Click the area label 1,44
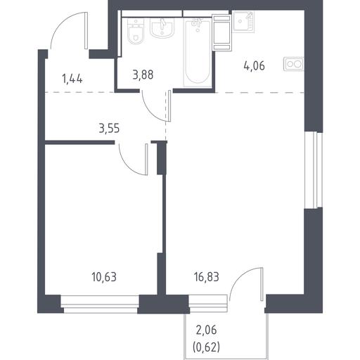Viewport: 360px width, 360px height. (72, 79)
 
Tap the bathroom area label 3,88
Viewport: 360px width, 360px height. (143, 75)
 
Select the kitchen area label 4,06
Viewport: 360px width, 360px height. (255, 65)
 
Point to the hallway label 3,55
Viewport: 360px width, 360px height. (109, 129)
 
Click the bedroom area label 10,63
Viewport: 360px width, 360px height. (104, 277)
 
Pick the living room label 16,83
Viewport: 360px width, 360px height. (207, 277)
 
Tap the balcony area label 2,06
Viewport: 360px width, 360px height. (206, 330)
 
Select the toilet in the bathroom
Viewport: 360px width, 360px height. (136, 32)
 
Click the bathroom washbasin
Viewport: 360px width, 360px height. (162, 27)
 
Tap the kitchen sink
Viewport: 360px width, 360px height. (243, 22)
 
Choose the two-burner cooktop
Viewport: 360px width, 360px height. (294, 64)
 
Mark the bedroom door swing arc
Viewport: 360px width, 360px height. (128, 164)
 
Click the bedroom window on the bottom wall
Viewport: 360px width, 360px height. (101, 304)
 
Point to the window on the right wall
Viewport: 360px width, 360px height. (314, 169)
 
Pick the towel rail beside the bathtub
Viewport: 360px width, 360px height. (221, 32)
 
